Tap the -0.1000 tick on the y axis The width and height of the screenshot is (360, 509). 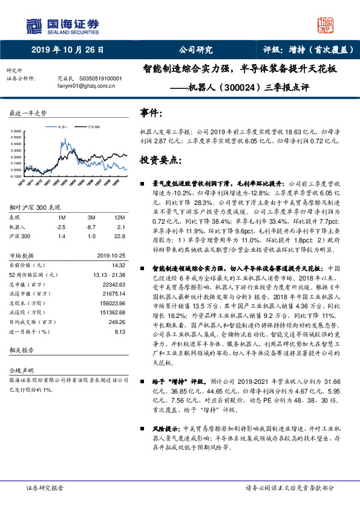click(x=18, y=177)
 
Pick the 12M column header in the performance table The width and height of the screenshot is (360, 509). click(x=120, y=216)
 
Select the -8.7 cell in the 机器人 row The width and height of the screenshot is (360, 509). click(x=92, y=226)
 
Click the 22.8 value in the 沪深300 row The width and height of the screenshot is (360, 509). click(x=120, y=236)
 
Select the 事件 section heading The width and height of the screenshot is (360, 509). click(x=151, y=113)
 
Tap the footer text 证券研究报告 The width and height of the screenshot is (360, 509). click(x=45, y=487)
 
